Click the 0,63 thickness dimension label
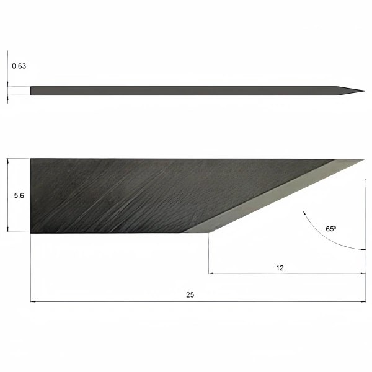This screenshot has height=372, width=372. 19,66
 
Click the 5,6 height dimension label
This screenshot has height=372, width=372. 19,195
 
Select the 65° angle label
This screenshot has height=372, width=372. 330,229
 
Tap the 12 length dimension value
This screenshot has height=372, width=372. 280,268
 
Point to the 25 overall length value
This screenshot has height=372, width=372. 190,294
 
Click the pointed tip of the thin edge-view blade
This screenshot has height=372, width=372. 365,91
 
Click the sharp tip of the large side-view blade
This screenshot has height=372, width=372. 365,159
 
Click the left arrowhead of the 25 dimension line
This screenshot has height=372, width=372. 33,301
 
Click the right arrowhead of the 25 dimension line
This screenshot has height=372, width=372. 363,301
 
